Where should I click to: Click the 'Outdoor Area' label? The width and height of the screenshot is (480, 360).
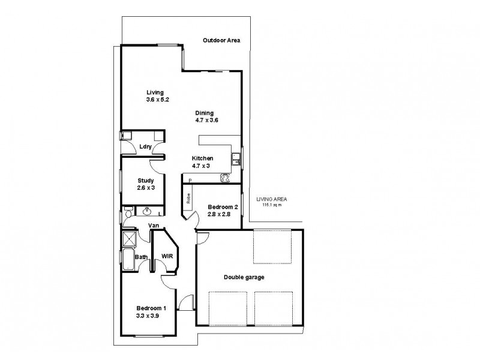[x=221, y=41]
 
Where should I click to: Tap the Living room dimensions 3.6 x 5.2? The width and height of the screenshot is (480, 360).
[x=158, y=100]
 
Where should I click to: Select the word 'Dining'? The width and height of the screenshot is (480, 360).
[x=204, y=113]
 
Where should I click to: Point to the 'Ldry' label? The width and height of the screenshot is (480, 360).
[x=145, y=147]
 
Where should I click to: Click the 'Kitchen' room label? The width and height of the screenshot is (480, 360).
[x=202, y=158]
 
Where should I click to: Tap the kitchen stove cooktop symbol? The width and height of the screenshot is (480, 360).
[x=226, y=178]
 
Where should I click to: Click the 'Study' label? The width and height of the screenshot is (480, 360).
[x=146, y=181]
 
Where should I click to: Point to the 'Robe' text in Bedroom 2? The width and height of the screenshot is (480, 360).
[x=188, y=199]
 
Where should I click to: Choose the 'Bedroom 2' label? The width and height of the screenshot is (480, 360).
[x=219, y=207]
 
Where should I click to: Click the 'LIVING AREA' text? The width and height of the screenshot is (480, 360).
[x=271, y=199]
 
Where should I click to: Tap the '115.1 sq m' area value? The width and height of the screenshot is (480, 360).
[x=271, y=205]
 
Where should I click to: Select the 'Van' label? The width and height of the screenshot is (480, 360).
[x=154, y=226]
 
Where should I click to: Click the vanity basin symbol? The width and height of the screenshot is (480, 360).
[x=147, y=211]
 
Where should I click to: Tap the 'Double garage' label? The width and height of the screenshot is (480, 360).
[x=244, y=277]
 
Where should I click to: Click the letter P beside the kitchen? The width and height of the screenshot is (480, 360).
[x=190, y=180]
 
